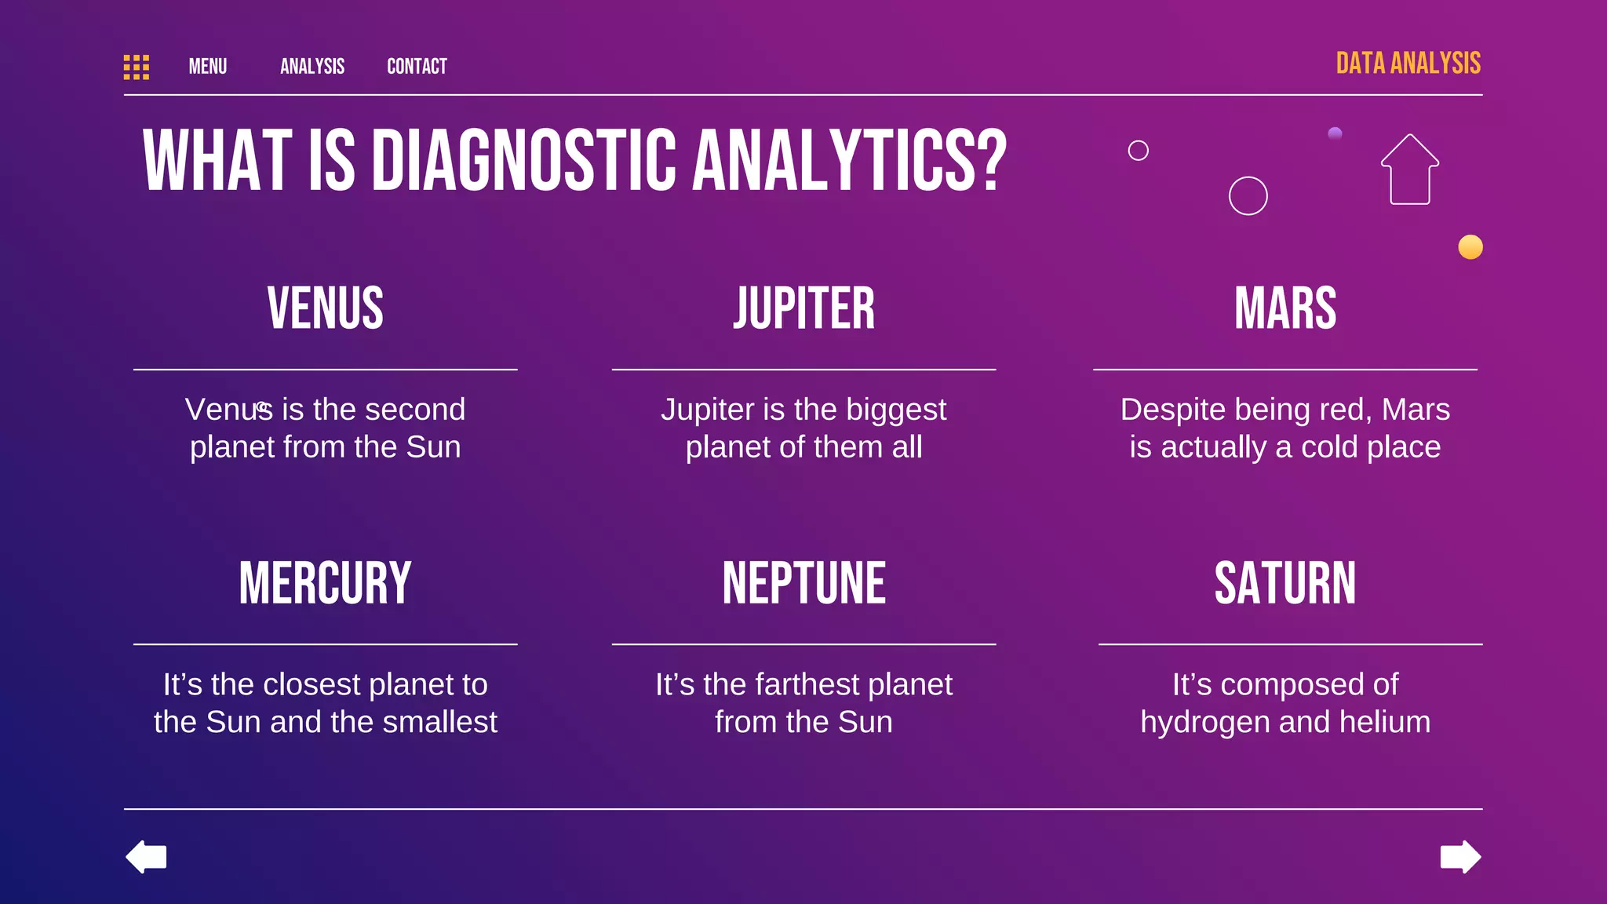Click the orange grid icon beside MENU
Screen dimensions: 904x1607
[x=137, y=67]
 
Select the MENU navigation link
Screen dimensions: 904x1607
[x=208, y=67]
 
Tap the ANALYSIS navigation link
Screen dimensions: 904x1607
[x=312, y=67]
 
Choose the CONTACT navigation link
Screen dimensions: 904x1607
[x=417, y=67]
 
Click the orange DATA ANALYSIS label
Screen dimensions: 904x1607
[x=1408, y=64]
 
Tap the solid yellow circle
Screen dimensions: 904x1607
[x=1470, y=247]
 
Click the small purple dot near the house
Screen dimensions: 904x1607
[x=1335, y=133]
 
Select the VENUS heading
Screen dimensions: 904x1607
[x=326, y=308]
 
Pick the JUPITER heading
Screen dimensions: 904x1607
[x=803, y=308]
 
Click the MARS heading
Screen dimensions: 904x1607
[x=1285, y=308]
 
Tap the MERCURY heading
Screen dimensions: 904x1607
[x=326, y=583]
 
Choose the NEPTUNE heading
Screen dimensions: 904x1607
[x=803, y=583]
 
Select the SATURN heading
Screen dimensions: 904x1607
[x=1285, y=583]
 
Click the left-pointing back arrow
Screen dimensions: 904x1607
[x=147, y=856]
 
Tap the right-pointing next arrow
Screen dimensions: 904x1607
[x=1460, y=856]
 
